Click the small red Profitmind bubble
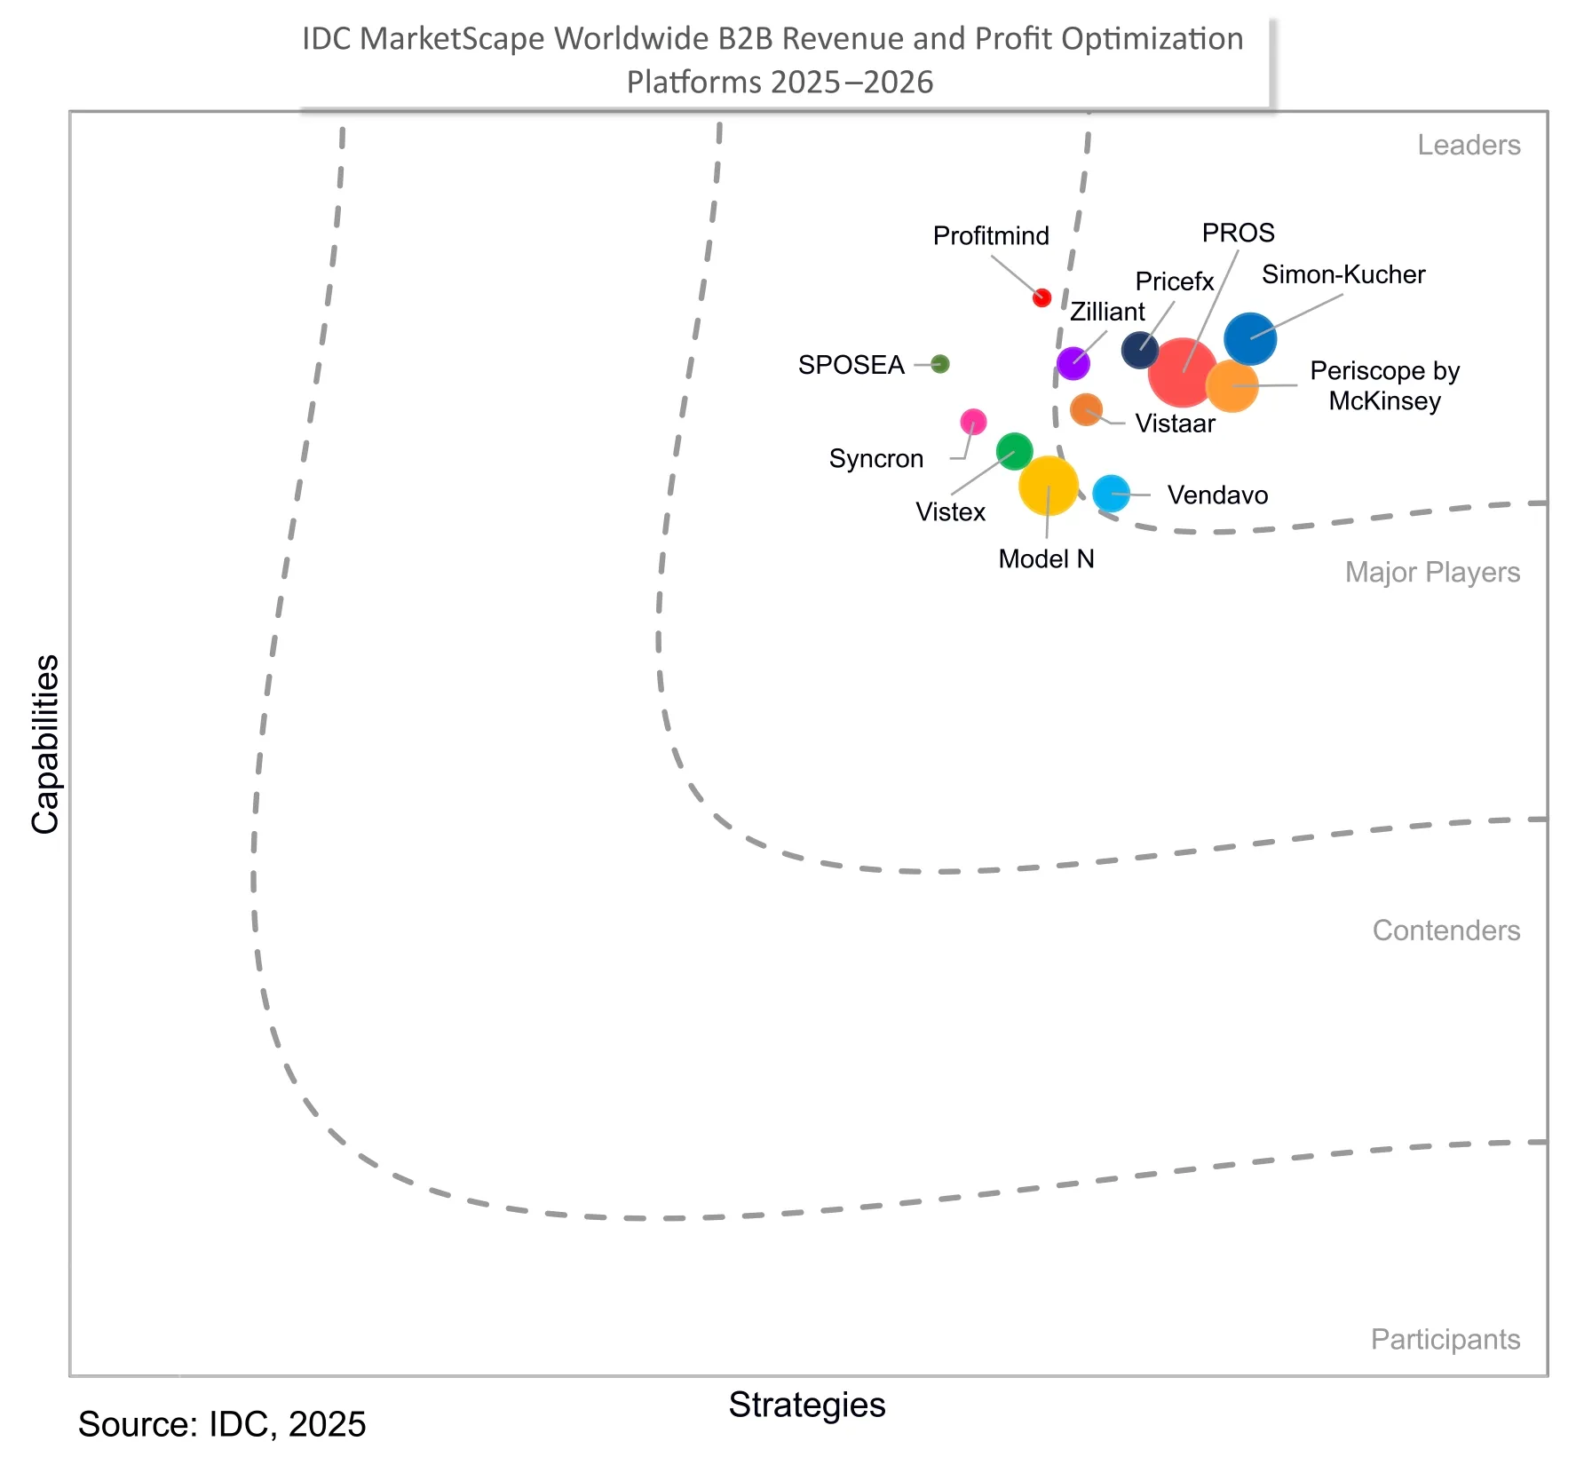[1041, 297]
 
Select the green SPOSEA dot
[940, 364]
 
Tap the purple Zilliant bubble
[1073, 363]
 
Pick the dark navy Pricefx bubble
[1139, 350]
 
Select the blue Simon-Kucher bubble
[1250, 338]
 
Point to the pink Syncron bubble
[973, 421]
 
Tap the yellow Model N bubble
[1048, 486]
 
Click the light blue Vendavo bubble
[1111, 493]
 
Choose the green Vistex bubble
[1014, 451]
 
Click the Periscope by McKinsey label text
[1384, 385]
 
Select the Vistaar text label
[1175, 424]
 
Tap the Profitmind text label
[991, 235]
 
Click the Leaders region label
[1469, 145]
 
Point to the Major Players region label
[1432, 572]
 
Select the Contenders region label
[1445, 930]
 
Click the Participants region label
[1445, 1339]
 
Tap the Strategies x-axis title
[807, 1405]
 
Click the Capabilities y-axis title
[45, 744]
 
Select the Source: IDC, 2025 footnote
[222, 1424]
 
